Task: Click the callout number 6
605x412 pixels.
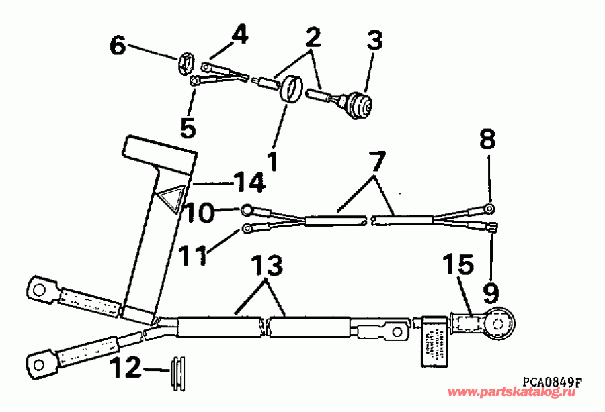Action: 118,46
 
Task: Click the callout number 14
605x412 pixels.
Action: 247,181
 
